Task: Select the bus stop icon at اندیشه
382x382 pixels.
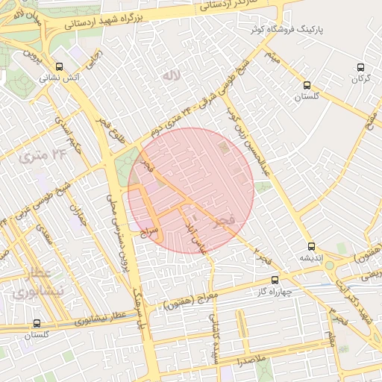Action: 311,246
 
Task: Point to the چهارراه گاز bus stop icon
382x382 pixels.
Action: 275,281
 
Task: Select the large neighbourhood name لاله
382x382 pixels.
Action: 172,75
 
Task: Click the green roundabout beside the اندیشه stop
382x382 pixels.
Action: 329,265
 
